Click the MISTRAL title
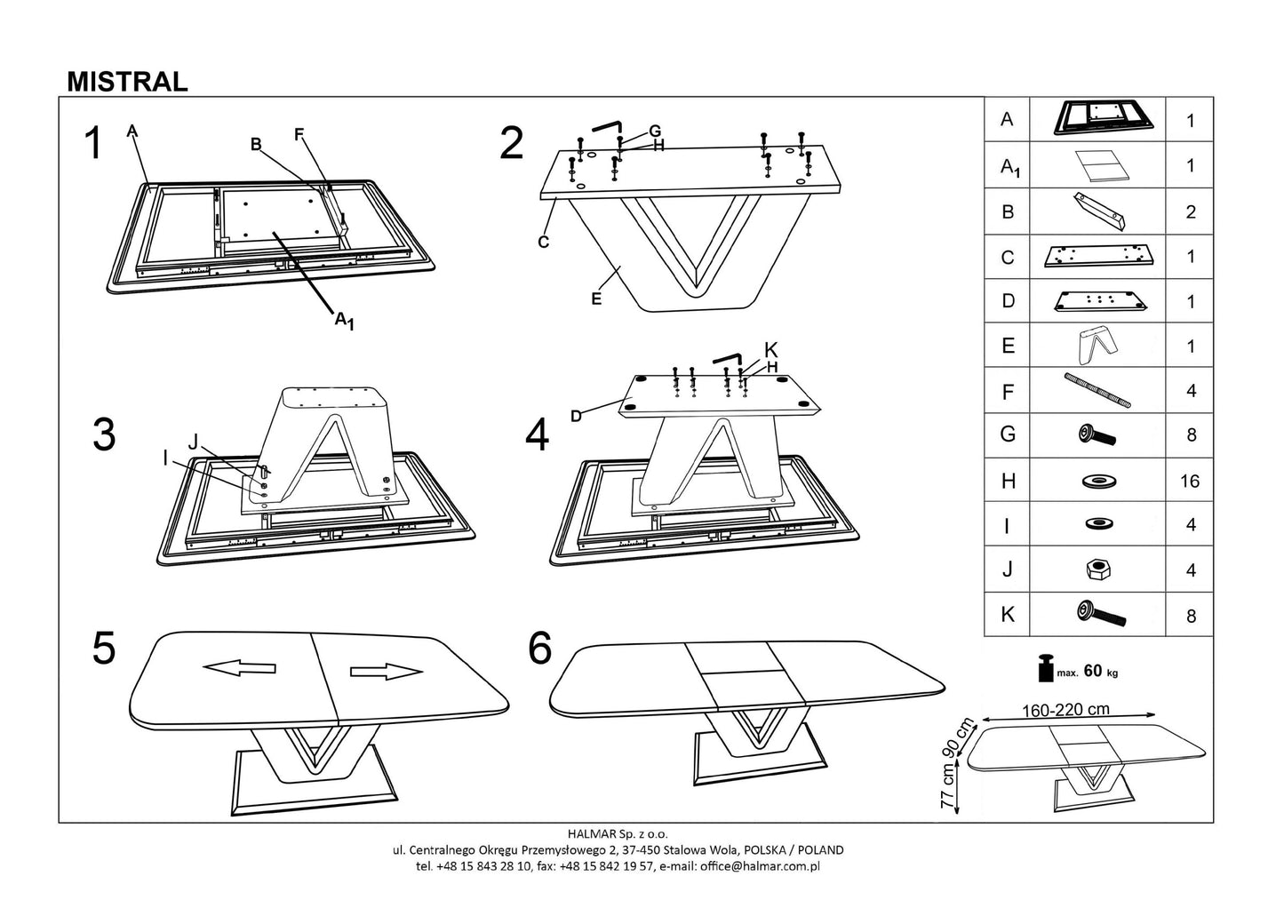pos(127,82)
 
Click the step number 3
pos(104,434)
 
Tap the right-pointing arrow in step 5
pos(386,672)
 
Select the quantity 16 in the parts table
pos(1189,482)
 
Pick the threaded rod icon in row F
pos(1098,391)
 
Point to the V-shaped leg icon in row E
pos(1095,345)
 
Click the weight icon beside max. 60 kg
pos(1045,669)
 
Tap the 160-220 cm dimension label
pos(1065,711)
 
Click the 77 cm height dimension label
pos(950,785)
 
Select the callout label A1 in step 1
pos(344,321)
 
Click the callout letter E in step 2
pos(596,299)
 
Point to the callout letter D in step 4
pos(576,415)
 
